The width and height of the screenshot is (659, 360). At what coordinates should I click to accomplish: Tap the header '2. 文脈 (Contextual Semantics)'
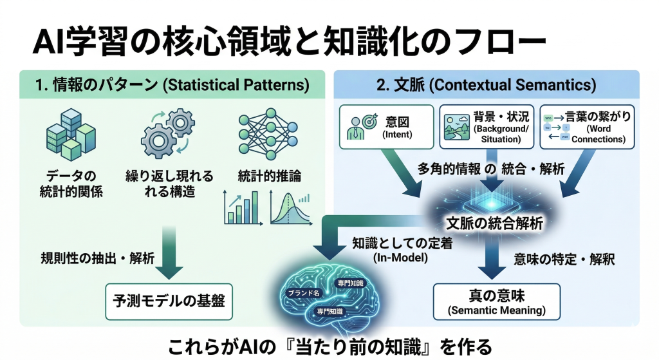[486, 85]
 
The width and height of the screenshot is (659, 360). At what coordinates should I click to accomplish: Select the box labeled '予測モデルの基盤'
[169, 300]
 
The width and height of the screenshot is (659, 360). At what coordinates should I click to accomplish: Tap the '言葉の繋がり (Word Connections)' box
[587, 126]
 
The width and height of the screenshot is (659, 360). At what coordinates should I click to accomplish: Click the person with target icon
[357, 127]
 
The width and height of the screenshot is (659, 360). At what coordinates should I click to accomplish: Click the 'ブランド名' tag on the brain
[303, 293]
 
